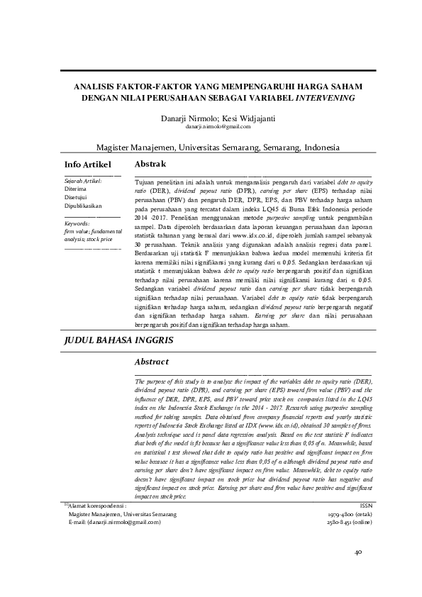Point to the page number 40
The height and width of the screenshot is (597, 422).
[x=358, y=551]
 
